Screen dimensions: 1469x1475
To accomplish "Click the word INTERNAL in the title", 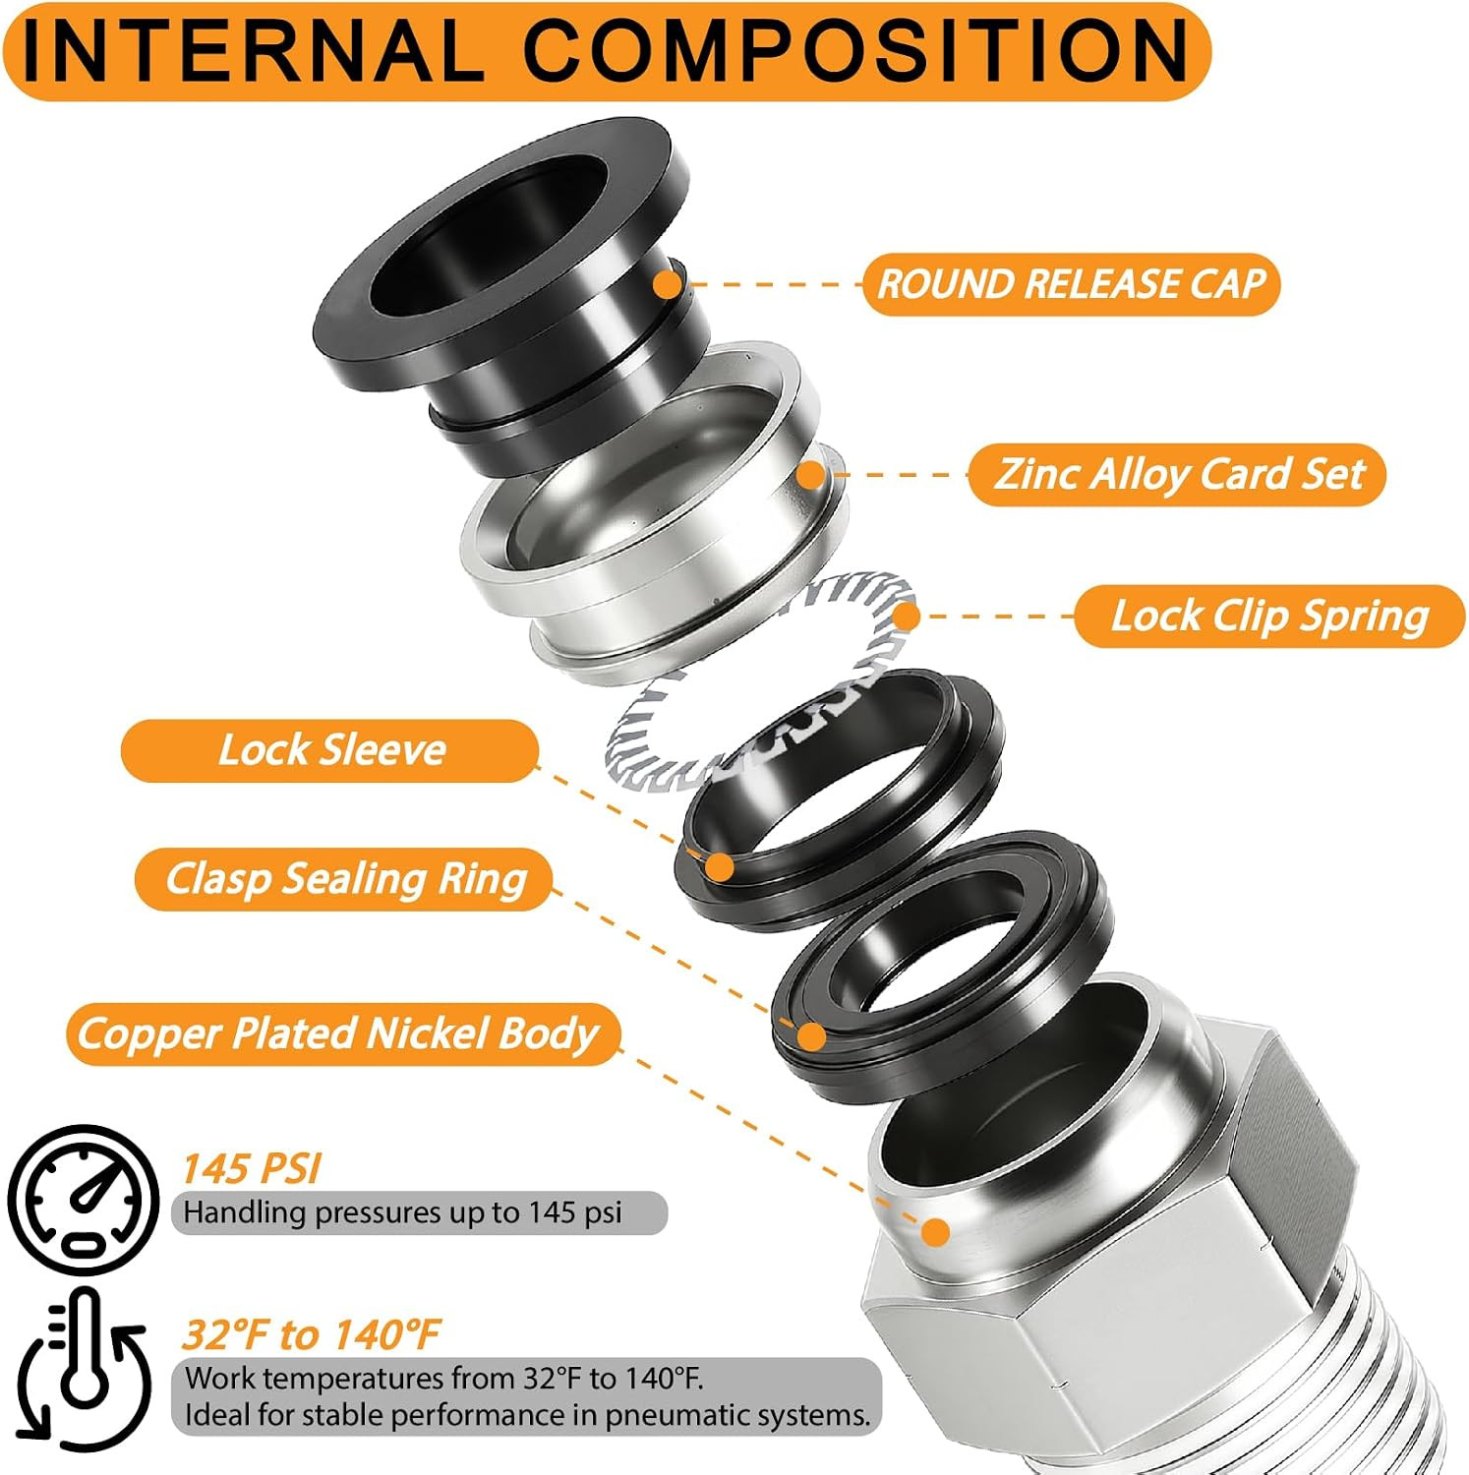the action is (x=253, y=50).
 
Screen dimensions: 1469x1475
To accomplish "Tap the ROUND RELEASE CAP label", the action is (x=1071, y=284).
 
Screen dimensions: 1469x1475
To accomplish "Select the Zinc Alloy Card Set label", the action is (x=1178, y=474).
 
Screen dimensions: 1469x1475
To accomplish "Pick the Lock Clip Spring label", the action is (x=1269, y=617).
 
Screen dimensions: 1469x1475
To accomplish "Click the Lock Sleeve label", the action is (x=330, y=750).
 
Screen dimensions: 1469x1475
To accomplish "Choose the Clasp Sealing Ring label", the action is (x=345, y=879).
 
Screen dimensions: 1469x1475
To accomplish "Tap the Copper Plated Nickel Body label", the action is (x=337, y=1033).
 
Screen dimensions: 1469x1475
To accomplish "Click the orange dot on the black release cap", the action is (x=668, y=285).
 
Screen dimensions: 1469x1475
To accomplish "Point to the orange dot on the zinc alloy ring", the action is (x=811, y=475).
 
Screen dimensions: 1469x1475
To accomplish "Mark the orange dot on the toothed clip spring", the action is (x=906, y=617).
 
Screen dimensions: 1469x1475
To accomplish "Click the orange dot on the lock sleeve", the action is (x=721, y=867).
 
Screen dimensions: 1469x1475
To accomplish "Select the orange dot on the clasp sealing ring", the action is (x=811, y=1036).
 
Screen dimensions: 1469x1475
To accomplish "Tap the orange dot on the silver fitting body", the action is (x=937, y=1232).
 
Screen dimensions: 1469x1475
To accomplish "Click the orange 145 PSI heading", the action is (x=252, y=1169).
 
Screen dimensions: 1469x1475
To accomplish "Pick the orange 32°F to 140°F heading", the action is (x=311, y=1335).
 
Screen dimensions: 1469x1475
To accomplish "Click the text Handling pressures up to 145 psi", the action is (x=402, y=1212).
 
